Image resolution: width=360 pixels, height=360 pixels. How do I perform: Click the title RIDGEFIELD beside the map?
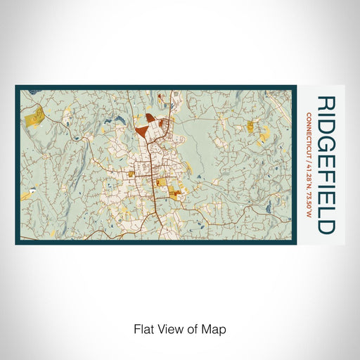(326, 165)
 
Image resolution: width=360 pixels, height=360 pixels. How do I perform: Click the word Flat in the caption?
(143, 328)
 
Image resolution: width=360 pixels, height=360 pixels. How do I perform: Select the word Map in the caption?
(216, 328)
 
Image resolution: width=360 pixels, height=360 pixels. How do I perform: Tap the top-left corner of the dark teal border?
(17, 87)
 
